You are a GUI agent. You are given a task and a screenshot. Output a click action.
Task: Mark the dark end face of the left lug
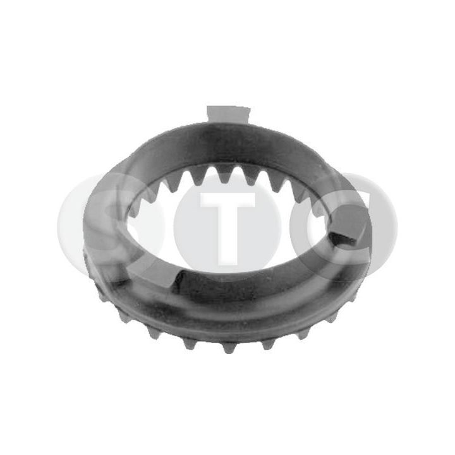pos(176,277)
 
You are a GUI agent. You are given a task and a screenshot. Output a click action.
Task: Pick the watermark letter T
pos(227,221)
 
